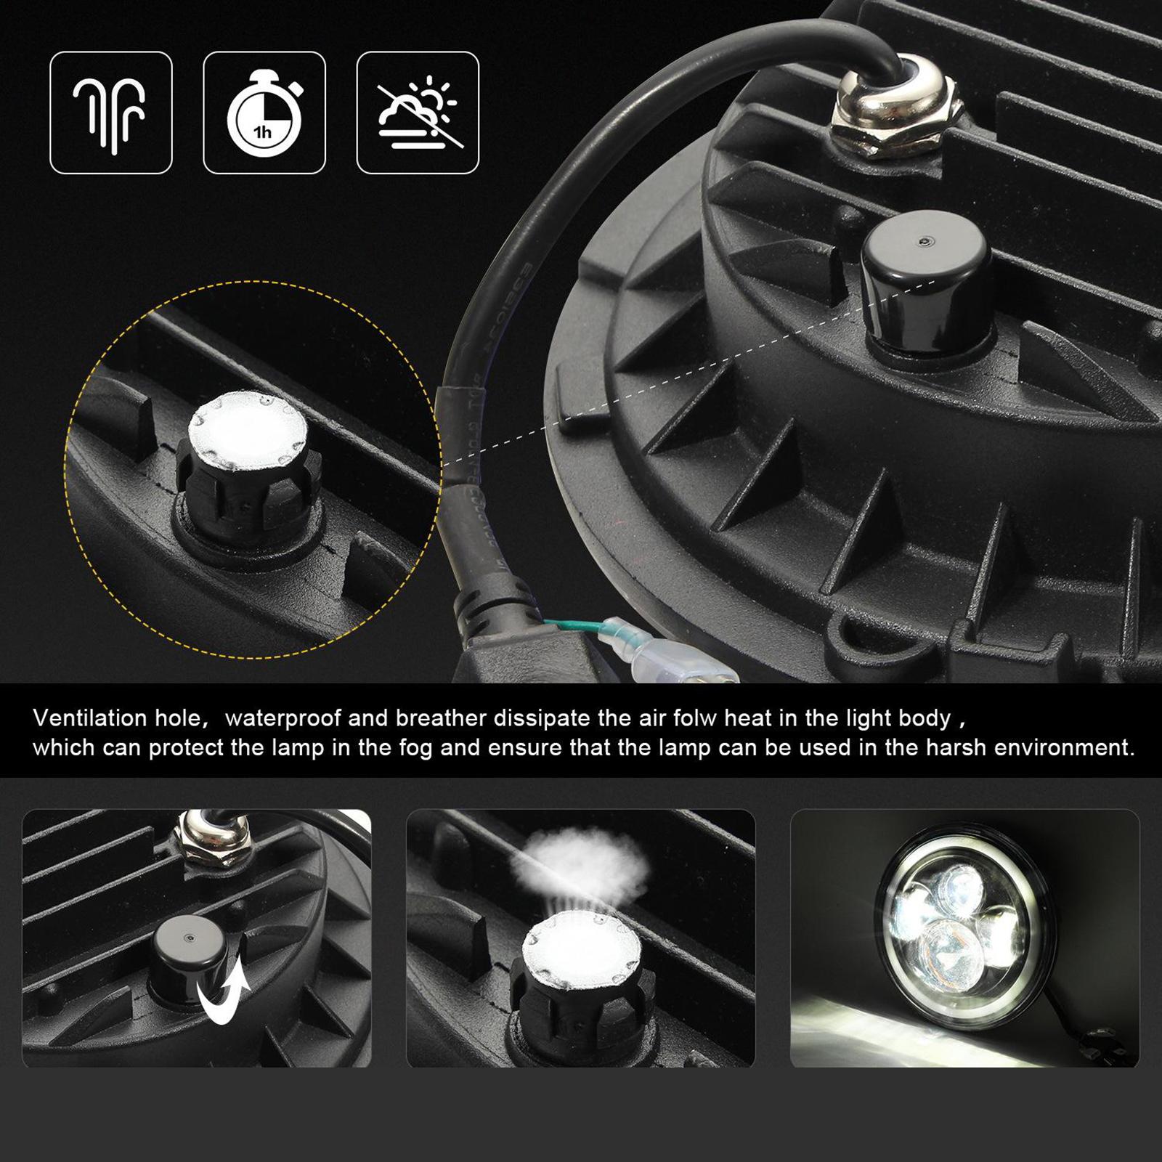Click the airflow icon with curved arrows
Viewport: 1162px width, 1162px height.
pyautogui.click(x=110, y=113)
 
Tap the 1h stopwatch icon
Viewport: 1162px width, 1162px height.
pyautogui.click(x=264, y=114)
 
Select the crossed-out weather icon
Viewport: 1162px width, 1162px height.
pyautogui.click(x=418, y=113)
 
